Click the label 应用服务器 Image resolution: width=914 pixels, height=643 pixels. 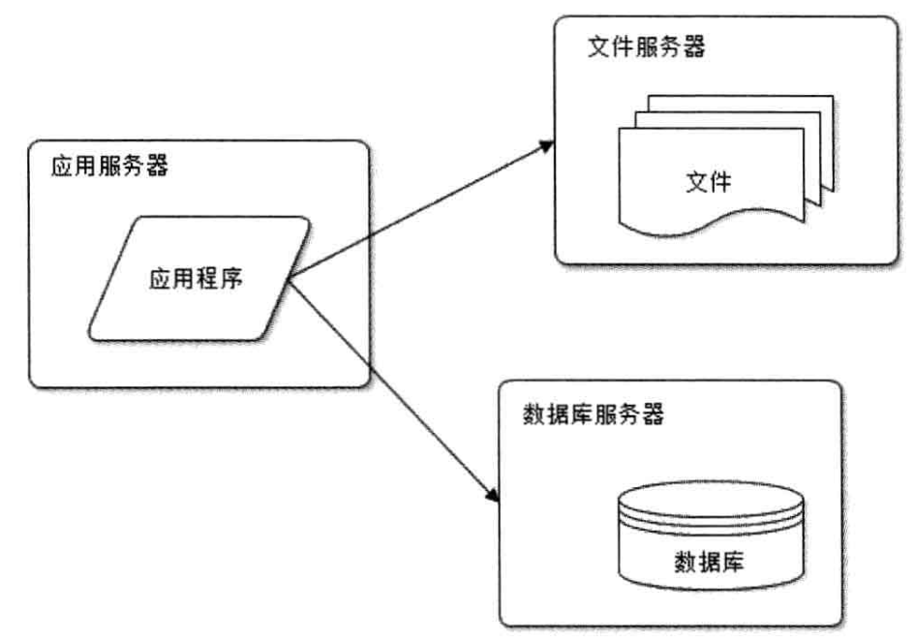pos(108,167)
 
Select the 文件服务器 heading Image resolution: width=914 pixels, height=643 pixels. pos(646,47)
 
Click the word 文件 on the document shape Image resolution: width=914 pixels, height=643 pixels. pos(708,181)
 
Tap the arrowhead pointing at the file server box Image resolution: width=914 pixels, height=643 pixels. pos(548,144)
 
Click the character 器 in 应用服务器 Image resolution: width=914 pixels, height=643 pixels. pos(157,167)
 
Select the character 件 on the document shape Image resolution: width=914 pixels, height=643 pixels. pos(720,181)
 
